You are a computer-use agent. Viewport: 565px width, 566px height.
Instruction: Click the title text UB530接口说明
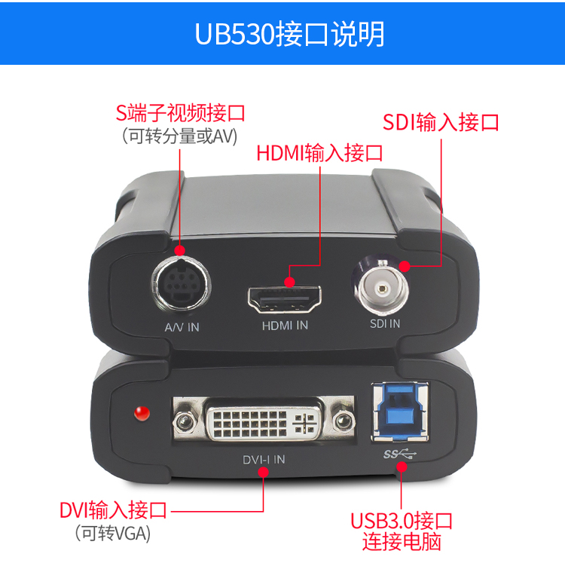pos(289,34)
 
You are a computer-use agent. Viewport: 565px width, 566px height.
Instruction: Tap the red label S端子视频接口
pos(180,113)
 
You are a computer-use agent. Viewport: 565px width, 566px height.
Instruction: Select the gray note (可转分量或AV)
pos(180,136)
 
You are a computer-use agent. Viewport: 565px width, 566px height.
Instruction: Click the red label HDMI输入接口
pos(319,153)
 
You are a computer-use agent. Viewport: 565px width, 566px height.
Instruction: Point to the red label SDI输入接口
pos(441,122)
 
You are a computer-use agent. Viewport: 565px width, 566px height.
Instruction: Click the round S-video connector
pos(182,285)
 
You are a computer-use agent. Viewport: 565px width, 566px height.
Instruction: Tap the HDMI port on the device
pos(284,299)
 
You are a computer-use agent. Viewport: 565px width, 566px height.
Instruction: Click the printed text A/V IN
pos(182,327)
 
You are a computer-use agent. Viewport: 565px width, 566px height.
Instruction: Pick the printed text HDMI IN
pos(285,326)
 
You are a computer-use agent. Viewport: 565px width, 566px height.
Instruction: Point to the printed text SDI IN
pos(385,324)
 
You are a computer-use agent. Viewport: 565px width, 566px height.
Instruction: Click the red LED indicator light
pos(142,413)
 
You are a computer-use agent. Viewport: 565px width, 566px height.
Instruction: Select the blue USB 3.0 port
pos(400,411)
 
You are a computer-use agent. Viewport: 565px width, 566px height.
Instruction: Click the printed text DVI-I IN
pos(264,460)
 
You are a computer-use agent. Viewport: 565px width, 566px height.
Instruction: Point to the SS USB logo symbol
pos(400,454)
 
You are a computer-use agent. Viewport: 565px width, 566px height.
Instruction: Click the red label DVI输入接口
pos(113,510)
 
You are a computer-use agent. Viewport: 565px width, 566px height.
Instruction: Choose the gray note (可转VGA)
pos(112,533)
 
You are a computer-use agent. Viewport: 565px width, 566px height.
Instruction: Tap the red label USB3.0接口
pos(402,521)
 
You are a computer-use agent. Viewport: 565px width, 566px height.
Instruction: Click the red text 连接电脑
pos(402,541)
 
